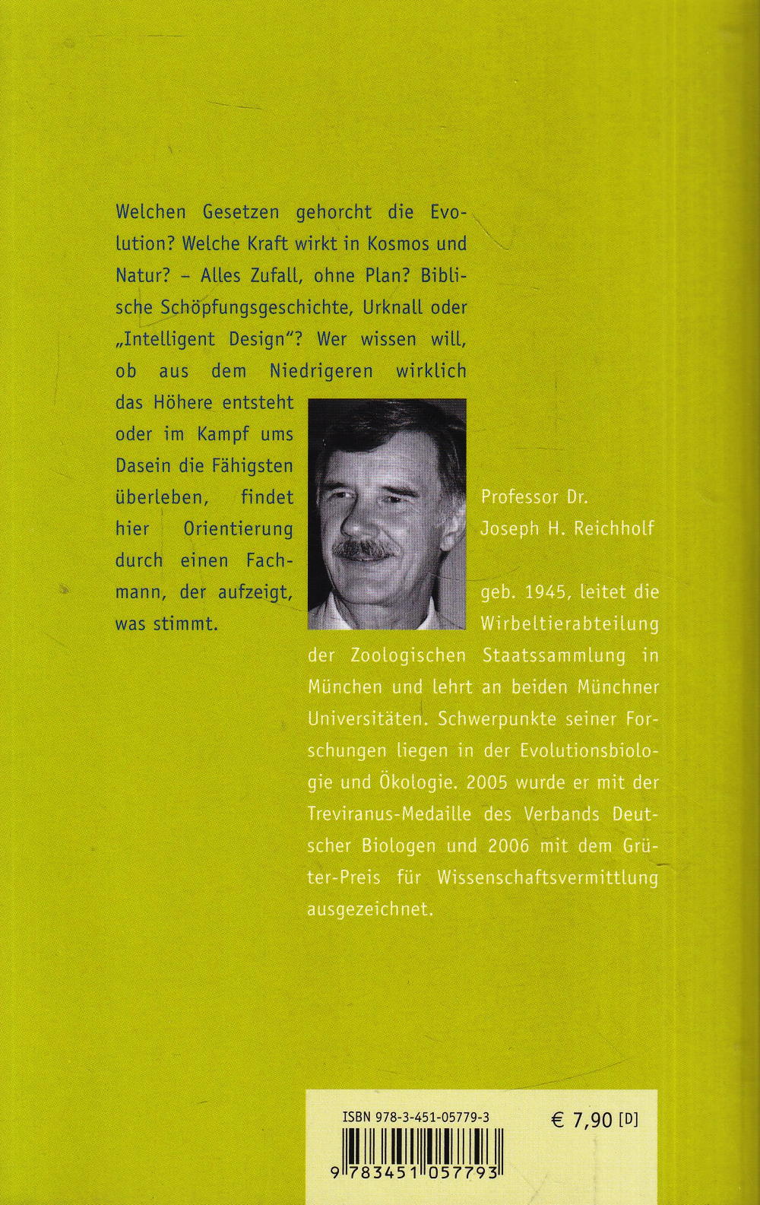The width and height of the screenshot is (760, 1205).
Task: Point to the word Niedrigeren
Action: [x=321, y=371]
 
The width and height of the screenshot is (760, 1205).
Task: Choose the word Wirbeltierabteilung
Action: [x=569, y=623]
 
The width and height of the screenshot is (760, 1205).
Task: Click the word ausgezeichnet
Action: [x=369, y=909]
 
